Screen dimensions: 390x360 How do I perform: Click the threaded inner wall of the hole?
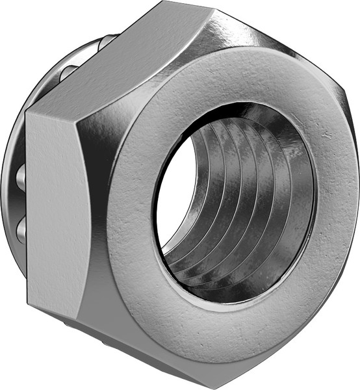pos(247,195)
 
